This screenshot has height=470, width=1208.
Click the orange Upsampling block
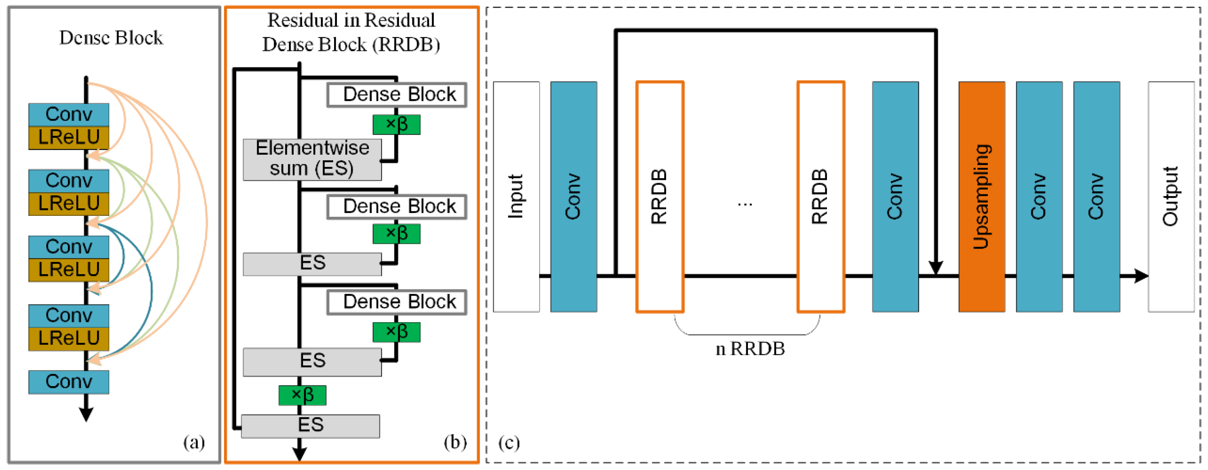click(x=982, y=196)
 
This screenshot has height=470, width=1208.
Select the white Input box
click(x=516, y=196)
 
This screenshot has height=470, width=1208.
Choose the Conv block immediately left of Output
click(x=1097, y=196)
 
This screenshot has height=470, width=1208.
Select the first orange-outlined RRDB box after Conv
click(x=659, y=196)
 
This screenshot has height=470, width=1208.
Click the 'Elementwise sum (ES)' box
click(x=312, y=159)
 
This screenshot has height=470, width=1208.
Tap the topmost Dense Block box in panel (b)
click(x=397, y=95)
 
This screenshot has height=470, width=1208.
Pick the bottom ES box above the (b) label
click(x=310, y=426)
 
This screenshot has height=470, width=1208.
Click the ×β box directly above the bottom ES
click(x=302, y=395)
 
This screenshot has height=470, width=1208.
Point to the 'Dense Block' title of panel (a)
click(x=111, y=38)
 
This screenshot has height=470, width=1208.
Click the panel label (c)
click(x=509, y=442)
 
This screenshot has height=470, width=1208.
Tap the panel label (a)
click(x=194, y=442)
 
